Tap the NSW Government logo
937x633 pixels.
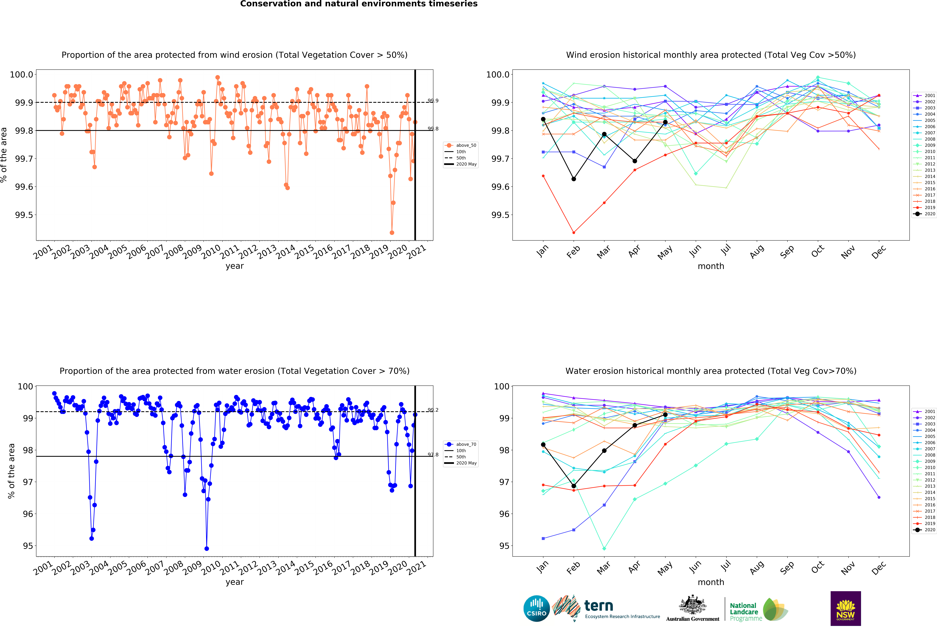846,608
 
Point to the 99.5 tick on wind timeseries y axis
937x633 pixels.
24,215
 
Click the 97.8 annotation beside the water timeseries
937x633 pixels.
433,454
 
